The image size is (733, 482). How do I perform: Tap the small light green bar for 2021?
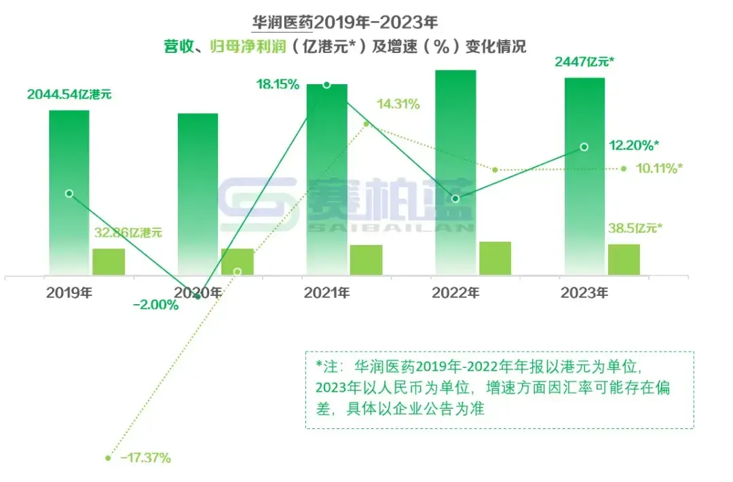[366, 259]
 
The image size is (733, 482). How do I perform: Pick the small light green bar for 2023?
[624, 259]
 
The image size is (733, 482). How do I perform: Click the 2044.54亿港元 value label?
[69, 94]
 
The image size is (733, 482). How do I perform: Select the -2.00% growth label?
[156, 305]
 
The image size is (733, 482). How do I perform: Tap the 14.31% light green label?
[398, 105]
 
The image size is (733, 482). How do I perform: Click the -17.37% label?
[145, 458]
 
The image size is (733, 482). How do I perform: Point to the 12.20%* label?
[633, 145]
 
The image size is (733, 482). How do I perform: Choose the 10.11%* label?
[659, 168]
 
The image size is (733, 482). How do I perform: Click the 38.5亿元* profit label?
[635, 229]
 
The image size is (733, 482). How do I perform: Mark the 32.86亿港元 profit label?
[128, 233]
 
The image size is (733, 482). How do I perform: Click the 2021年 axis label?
[326, 294]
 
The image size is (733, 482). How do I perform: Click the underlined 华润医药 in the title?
[282, 22]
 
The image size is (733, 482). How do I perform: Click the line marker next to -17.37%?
[108, 458]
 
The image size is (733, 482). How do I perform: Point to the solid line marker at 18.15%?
[326, 85]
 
